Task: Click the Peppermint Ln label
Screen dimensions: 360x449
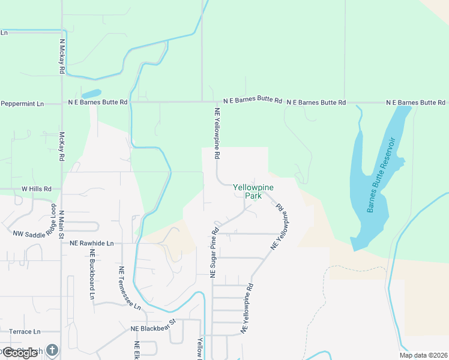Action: point(22,103)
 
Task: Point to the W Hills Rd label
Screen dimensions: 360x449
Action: point(37,188)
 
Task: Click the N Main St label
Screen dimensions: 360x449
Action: point(61,224)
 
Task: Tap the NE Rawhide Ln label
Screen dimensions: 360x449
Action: point(91,244)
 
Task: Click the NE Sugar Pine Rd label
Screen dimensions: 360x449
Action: point(213,252)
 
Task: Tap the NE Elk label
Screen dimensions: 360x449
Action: point(137,350)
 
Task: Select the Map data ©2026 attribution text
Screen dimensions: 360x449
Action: point(423,355)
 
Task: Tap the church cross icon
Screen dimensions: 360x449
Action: point(52,350)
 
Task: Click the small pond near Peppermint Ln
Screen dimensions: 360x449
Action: point(91,94)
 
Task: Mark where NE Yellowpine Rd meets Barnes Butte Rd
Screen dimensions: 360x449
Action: point(215,102)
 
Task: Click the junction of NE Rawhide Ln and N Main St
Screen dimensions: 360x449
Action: point(62,244)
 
